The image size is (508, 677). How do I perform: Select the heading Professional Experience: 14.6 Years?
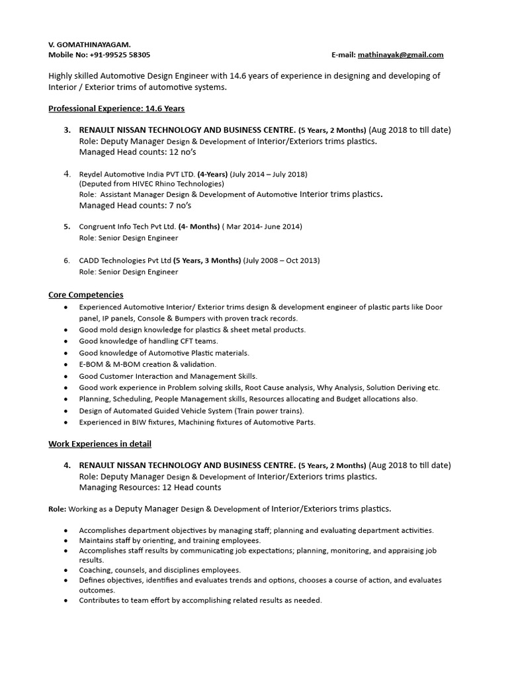(116, 108)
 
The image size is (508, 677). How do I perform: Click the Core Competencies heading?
(86, 294)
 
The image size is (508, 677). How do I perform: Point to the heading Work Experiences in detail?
(100, 444)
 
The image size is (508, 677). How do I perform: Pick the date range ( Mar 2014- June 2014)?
(262, 226)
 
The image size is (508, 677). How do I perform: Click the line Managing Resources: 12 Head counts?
(149, 487)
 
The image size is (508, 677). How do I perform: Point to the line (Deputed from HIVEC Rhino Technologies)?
(151, 184)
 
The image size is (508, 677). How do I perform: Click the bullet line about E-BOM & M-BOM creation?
(148, 364)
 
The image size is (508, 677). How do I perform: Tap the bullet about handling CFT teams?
(148, 341)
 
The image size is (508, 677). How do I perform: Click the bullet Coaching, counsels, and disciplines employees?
(159, 569)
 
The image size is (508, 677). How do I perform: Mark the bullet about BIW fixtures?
(197, 422)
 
